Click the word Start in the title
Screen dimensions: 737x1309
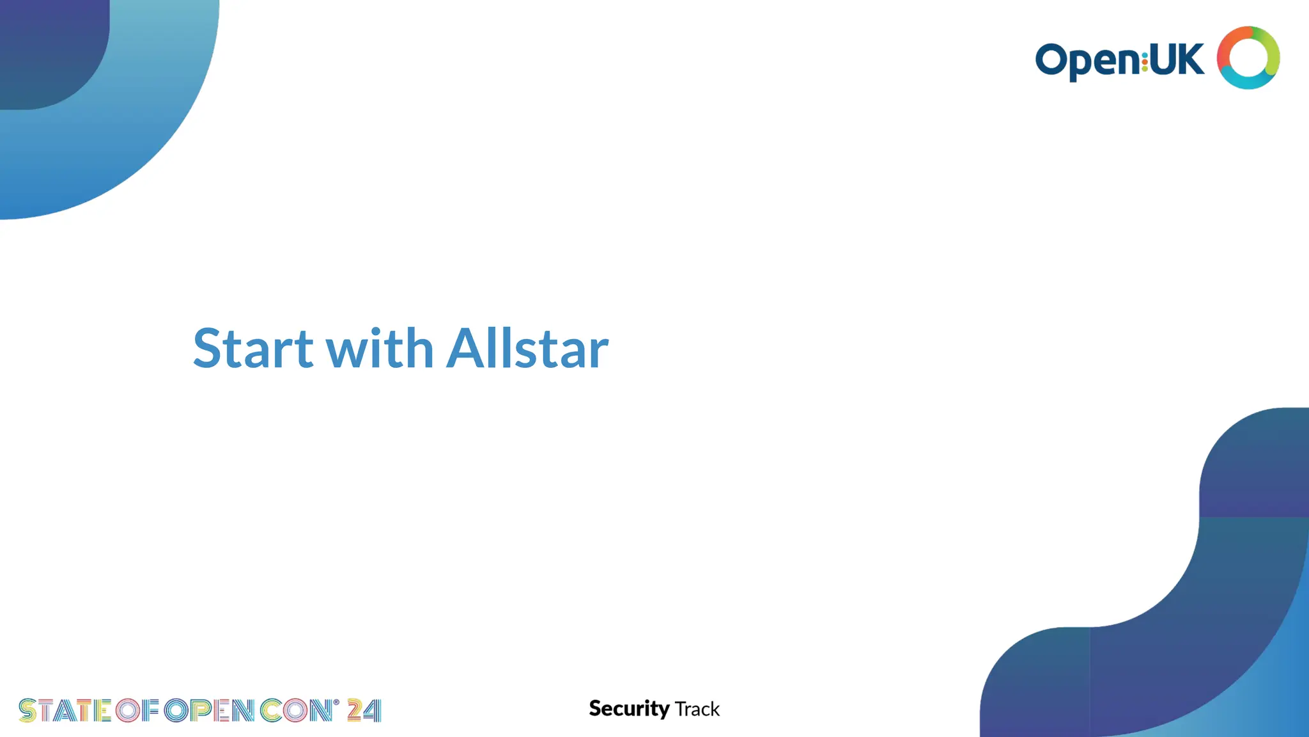[x=253, y=349]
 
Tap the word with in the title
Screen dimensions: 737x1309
[x=380, y=349]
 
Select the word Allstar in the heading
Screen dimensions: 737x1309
[x=527, y=349]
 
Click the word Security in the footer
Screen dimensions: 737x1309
[x=629, y=709]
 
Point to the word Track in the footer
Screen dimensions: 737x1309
[x=697, y=709]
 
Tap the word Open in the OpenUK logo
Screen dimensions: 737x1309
[x=1087, y=61]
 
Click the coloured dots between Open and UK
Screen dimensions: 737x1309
[x=1144, y=61]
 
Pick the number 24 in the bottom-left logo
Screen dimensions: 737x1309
[x=364, y=711]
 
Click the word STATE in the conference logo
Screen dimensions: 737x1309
[x=65, y=711]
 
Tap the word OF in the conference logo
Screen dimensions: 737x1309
[x=137, y=711]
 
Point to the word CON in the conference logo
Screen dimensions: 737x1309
[x=295, y=711]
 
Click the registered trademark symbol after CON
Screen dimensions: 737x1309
[x=336, y=702]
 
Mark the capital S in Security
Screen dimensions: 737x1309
[x=596, y=709]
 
